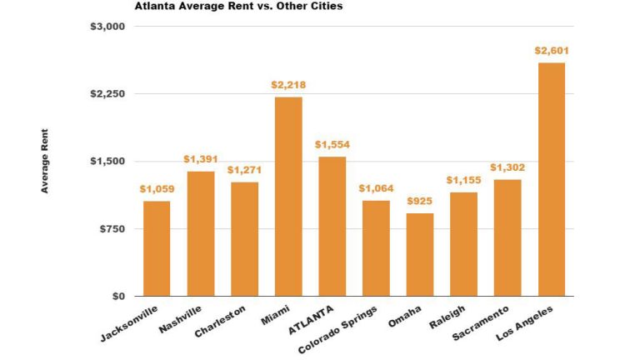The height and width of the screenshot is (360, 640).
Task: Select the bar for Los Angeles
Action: coord(551,179)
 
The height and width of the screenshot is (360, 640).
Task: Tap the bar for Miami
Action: coord(287,197)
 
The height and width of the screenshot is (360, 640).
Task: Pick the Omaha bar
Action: coord(419,254)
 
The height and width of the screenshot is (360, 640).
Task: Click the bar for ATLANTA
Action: coord(332,226)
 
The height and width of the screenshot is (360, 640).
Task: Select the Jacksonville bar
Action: coord(156,248)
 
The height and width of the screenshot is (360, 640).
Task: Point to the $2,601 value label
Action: coord(551,51)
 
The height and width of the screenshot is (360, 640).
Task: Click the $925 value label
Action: coord(419,202)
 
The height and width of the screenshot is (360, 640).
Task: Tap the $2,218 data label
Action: coord(287,85)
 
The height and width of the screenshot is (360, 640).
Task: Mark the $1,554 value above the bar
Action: coord(332,145)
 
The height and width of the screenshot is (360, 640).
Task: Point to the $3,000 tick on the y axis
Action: coord(107,27)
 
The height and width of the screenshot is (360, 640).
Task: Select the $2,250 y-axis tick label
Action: coord(107,94)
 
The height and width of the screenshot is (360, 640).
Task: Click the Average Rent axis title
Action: coord(45,161)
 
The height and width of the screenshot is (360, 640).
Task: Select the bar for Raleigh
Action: coord(463,244)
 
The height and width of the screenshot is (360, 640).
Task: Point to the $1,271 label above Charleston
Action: coord(244,170)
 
